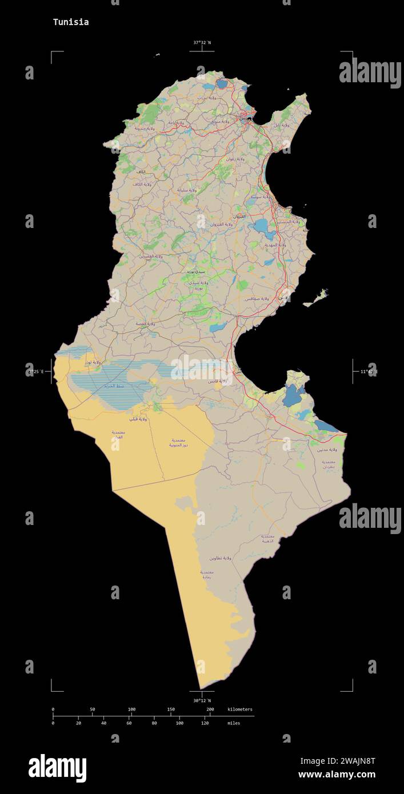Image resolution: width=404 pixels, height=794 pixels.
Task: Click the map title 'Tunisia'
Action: pos(71,22)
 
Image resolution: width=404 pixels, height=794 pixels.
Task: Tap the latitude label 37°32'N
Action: pos(202,42)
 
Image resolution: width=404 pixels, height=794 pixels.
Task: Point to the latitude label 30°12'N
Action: pos(202,700)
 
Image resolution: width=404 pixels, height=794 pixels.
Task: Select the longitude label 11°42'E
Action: pos(369,372)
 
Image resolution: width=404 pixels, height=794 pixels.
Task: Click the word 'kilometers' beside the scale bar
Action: pos(239,709)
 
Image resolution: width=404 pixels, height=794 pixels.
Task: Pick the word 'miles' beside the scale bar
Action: pos(234,723)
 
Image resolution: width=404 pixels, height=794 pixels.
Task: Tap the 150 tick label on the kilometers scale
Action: pos(171,709)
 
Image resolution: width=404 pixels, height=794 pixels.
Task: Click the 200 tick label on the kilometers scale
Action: pos(210,709)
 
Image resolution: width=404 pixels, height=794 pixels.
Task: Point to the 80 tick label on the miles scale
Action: pos(154,723)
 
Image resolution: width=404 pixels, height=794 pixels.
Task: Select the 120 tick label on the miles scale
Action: pos(205,723)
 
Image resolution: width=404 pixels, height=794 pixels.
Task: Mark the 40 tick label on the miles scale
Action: pos(103,723)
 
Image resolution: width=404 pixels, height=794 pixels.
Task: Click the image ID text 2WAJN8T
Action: pos(337,761)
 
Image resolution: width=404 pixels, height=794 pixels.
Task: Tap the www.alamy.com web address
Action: pos(337,775)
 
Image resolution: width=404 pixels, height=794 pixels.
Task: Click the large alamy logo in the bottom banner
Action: pos(57,768)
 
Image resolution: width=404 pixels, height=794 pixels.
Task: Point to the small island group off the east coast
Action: pos(316,298)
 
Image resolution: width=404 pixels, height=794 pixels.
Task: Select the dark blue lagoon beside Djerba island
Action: pos(293,395)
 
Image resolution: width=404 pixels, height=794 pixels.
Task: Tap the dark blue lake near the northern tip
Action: pos(221,85)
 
